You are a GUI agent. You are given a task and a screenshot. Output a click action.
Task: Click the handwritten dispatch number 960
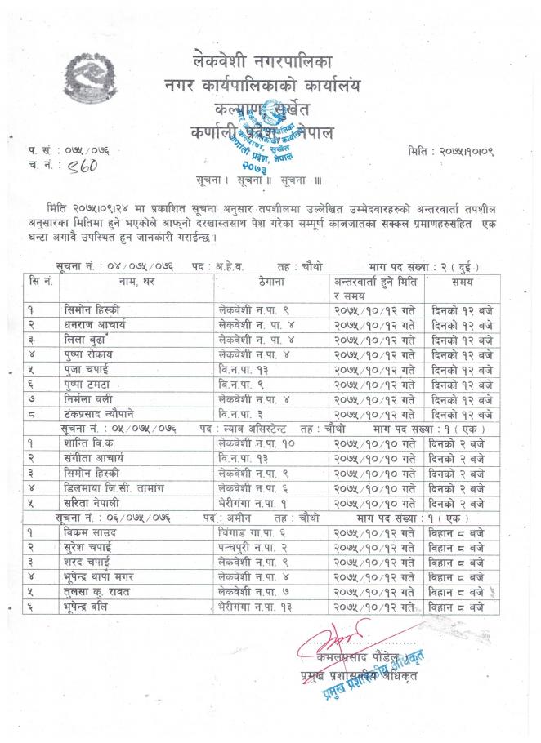pyautogui.click(x=73, y=167)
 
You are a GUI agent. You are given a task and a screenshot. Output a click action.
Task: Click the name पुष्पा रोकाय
pyautogui.click(x=94, y=354)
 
